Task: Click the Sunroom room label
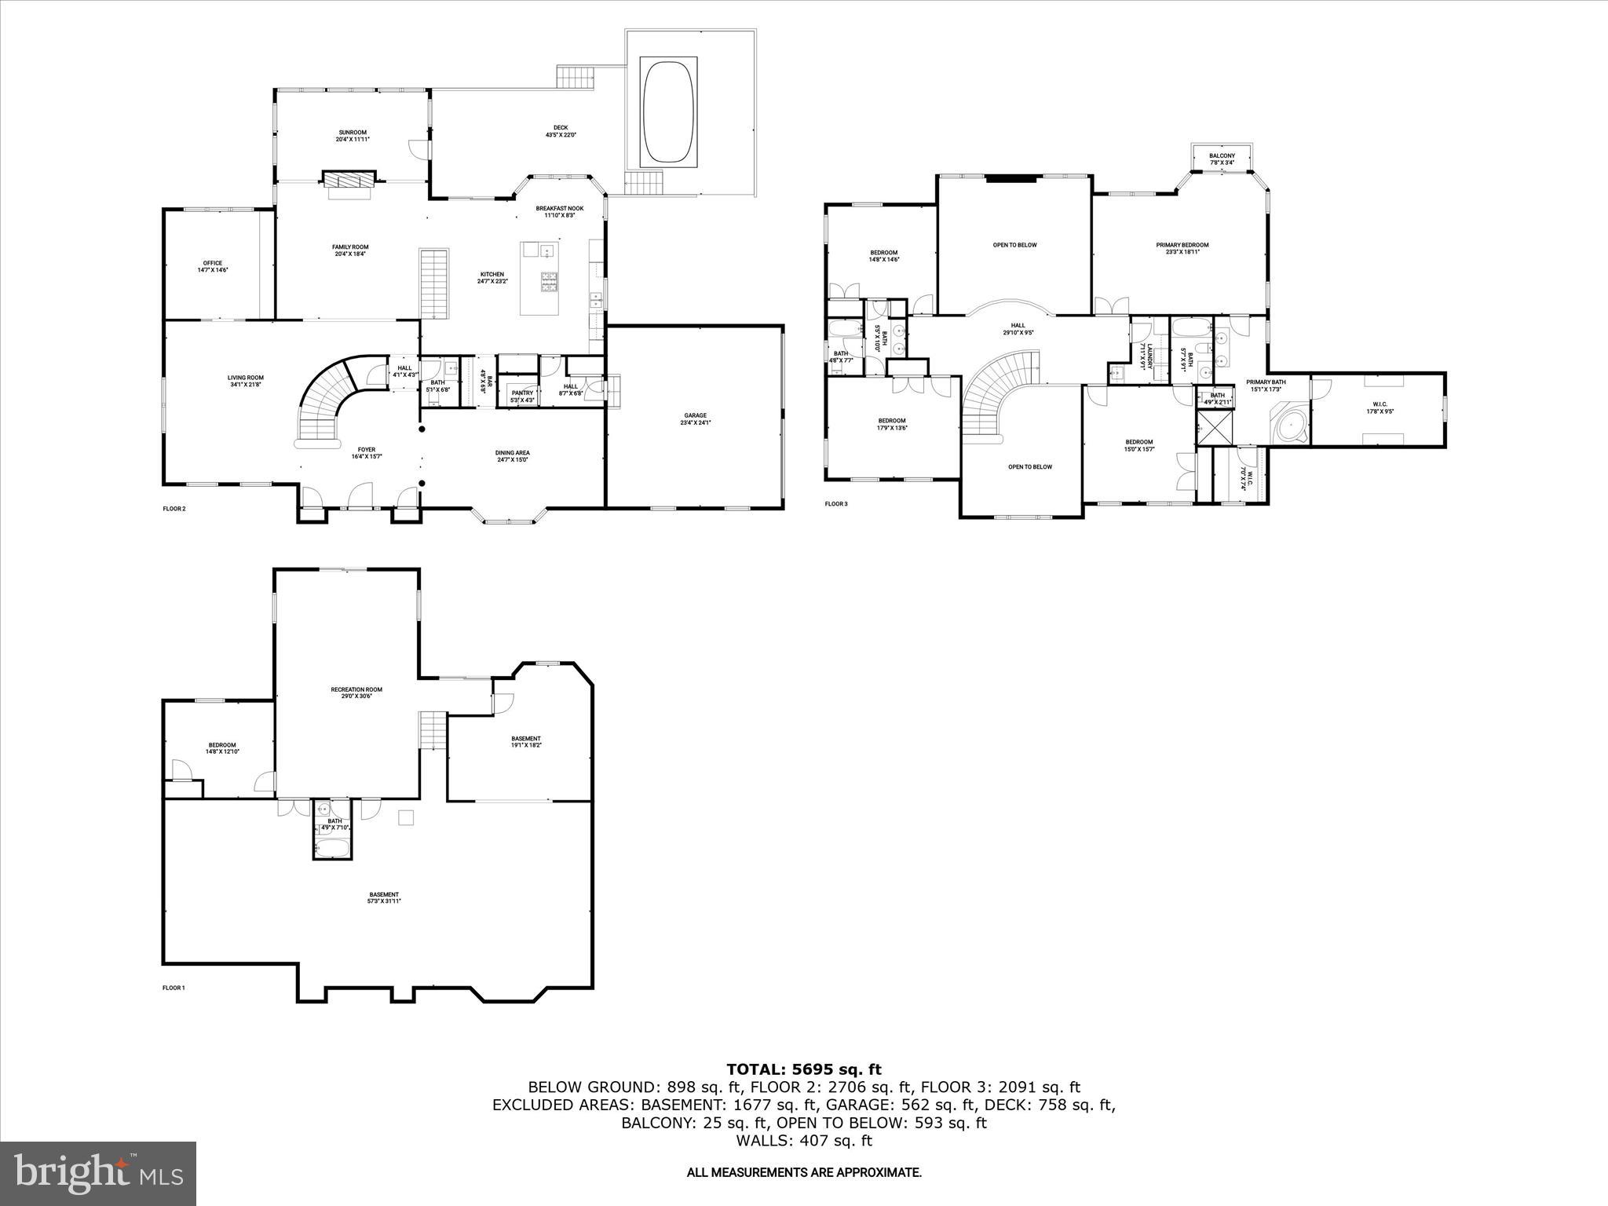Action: pyautogui.click(x=353, y=135)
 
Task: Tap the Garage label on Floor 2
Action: pyautogui.click(x=695, y=418)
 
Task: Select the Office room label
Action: pyautogui.click(x=212, y=266)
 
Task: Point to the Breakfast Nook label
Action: pyautogui.click(x=555, y=211)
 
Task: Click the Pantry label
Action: pyautogui.click(x=522, y=397)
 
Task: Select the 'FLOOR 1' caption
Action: pyautogui.click(x=174, y=988)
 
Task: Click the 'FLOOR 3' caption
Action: pyautogui.click(x=836, y=503)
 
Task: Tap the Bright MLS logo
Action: pyautogui.click(x=98, y=1173)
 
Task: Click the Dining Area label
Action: pyautogui.click(x=513, y=455)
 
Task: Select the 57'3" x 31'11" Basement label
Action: pyautogui.click(x=384, y=897)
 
